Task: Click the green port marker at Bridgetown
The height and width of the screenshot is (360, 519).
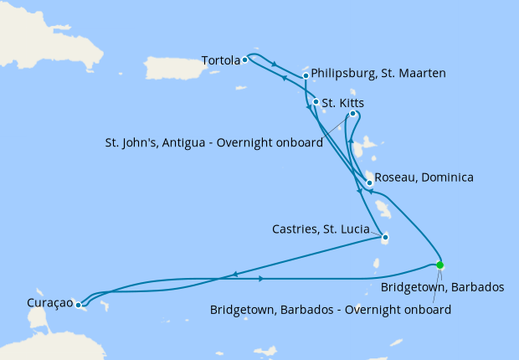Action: (440, 265)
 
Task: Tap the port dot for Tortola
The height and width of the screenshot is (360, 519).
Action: (244, 60)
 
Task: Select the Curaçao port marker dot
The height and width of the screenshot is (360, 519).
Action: (77, 305)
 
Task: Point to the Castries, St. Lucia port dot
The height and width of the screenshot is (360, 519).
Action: (385, 237)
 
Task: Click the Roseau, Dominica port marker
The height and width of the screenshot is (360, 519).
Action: (369, 182)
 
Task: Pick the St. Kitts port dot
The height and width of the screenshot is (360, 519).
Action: (316, 103)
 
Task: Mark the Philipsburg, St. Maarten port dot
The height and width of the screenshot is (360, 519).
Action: (306, 75)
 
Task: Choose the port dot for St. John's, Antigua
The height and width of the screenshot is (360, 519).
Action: (353, 114)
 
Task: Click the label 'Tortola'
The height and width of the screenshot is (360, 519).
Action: (221, 60)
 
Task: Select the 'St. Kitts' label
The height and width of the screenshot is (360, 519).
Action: (342, 103)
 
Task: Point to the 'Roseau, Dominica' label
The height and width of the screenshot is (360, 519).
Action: (424, 177)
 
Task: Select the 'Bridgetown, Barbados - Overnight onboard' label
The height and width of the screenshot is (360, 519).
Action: (331, 310)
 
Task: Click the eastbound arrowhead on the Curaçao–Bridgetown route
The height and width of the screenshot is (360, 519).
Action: (264, 279)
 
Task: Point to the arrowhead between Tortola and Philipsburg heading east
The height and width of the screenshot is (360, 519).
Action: (275, 63)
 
